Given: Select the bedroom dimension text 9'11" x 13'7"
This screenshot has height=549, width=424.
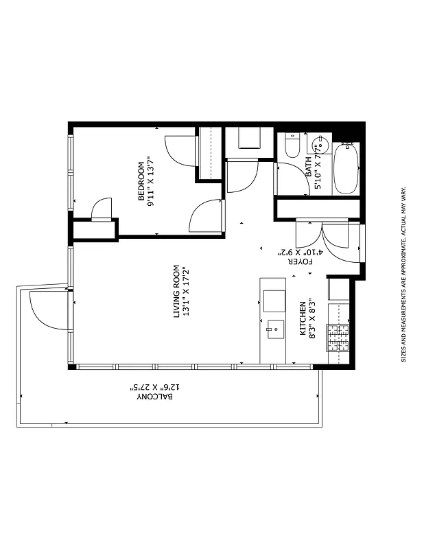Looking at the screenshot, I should tap(151, 181).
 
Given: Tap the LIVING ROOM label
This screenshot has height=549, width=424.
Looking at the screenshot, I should tap(176, 291).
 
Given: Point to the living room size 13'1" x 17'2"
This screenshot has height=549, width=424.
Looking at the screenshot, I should tap(185, 291).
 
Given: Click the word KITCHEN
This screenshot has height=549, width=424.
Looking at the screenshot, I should tap(302, 318).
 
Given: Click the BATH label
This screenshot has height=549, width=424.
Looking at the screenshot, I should tap(308, 165).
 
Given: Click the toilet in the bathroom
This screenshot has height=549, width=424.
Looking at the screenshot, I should tap(291, 145).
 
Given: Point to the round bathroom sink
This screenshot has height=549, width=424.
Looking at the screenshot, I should tap(318, 146).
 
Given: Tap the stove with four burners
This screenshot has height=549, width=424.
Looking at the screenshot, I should tap(337, 337).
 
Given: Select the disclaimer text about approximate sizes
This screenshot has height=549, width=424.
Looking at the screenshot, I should tap(404, 274).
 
